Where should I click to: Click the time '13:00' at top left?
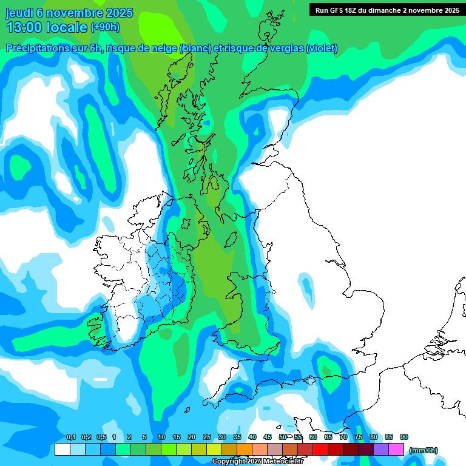(x=25, y=27)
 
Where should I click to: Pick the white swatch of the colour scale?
(x=62, y=449)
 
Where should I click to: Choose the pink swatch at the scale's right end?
(x=396, y=449)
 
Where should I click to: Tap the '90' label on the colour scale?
(x=404, y=437)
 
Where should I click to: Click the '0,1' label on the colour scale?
(x=70, y=437)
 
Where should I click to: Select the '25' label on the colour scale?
(x=207, y=437)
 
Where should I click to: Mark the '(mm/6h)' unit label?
(x=423, y=450)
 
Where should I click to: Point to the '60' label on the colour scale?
(x=313, y=437)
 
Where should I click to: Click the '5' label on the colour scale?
(x=144, y=437)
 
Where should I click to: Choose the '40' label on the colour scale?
(x=252, y=437)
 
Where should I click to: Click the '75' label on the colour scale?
(x=359, y=437)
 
